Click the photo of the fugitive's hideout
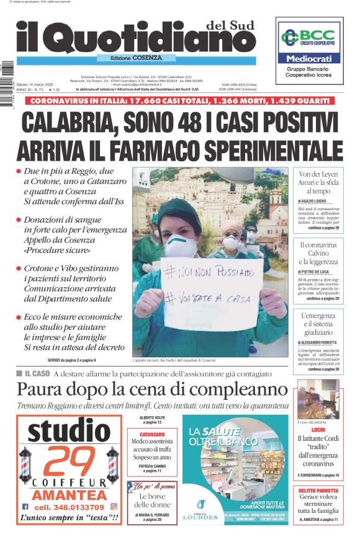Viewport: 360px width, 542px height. point(318,399)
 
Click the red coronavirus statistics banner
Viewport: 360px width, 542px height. point(180,100)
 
